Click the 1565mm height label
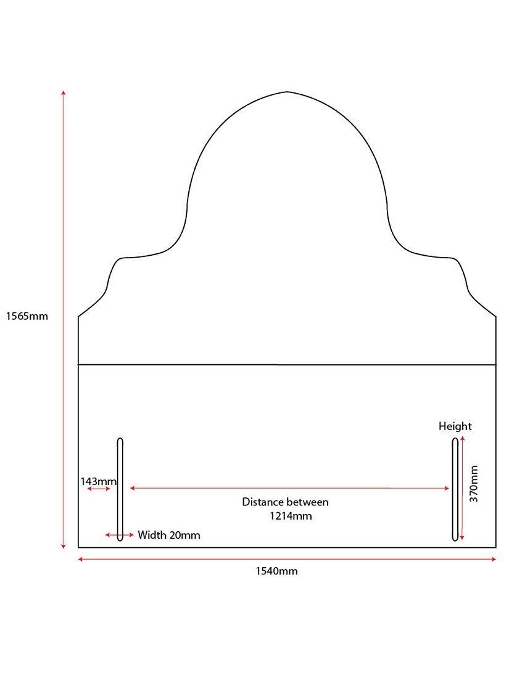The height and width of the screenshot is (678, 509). click(x=27, y=316)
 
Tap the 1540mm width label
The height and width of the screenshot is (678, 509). click(x=276, y=571)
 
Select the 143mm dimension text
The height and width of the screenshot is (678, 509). click(x=98, y=481)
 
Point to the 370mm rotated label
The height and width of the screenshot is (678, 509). click(x=474, y=484)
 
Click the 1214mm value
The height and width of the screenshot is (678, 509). click(x=291, y=516)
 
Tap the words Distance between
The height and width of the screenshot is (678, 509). click(x=285, y=502)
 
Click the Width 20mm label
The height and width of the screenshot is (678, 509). click(x=169, y=535)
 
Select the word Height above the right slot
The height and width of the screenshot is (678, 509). click(x=455, y=427)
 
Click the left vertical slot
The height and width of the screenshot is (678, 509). click(x=120, y=489)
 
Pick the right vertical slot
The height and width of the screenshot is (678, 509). click(x=455, y=489)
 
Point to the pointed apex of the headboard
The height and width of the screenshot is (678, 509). click(x=287, y=92)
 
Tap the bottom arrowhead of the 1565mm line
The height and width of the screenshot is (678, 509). click(x=63, y=546)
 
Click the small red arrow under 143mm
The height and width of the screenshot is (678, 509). click(x=99, y=489)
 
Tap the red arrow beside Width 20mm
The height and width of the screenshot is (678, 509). click(x=120, y=535)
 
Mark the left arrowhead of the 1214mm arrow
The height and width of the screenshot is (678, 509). click(x=133, y=488)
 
